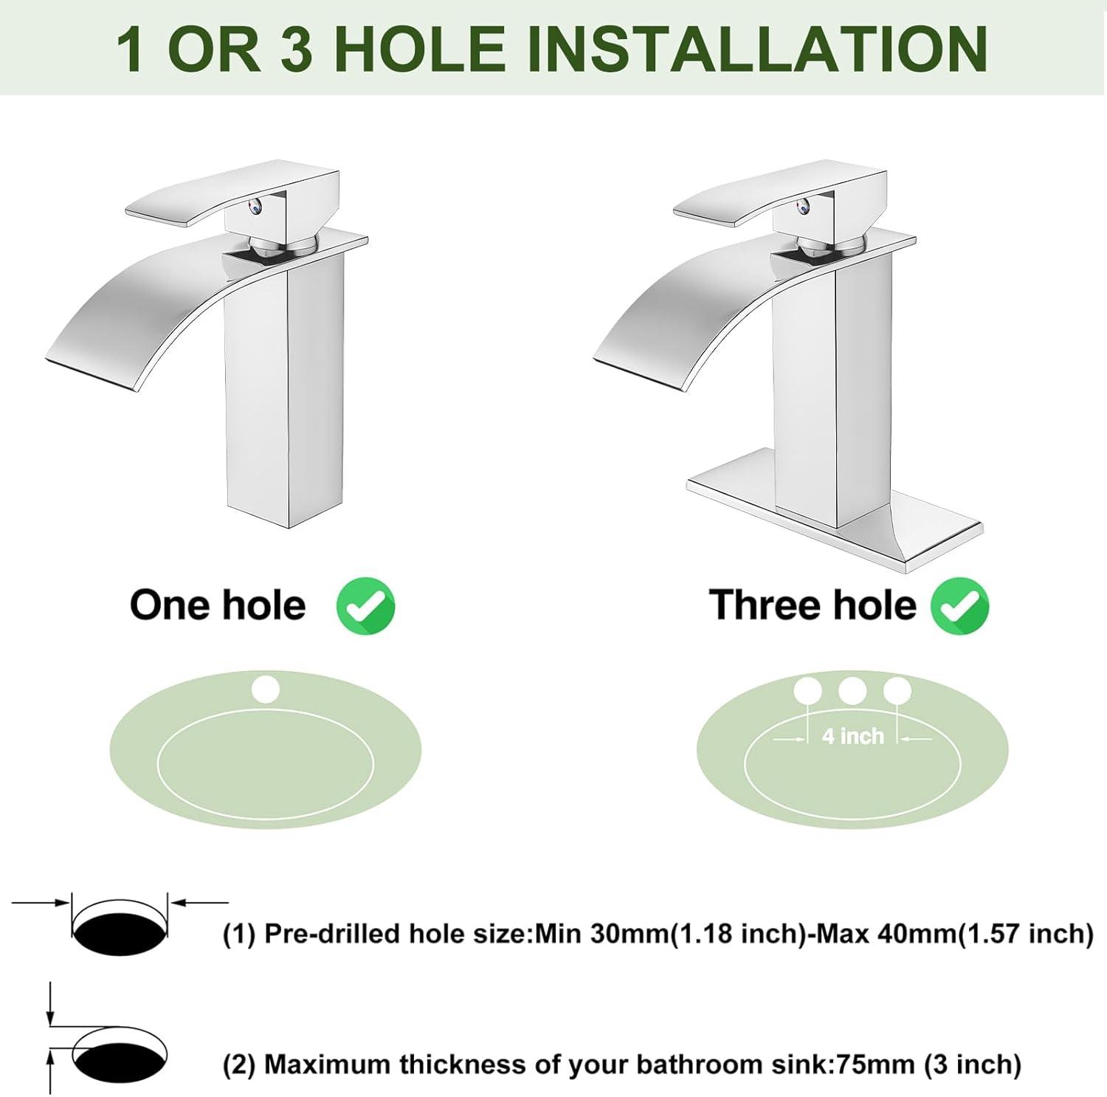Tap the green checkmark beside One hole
[365, 606]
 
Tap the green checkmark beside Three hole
[959, 606]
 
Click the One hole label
[218, 605]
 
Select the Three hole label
[813, 605]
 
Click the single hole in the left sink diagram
[266, 690]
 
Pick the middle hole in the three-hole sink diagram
[852, 691]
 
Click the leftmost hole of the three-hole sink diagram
[807, 691]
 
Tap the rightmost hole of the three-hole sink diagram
[897, 691]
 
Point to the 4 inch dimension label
[852, 736]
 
